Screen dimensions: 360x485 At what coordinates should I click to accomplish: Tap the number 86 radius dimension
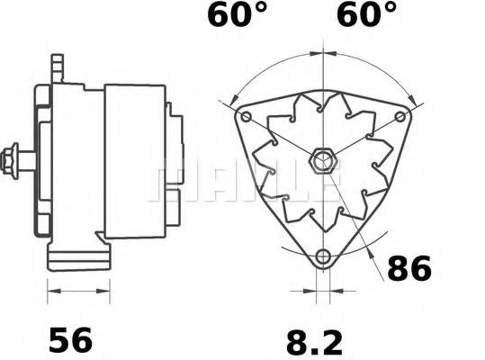click(x=409, y=268)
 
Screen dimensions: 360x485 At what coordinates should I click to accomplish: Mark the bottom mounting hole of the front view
click(x=323, y=256)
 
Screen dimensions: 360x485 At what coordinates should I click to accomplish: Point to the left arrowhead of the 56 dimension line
click(x=49, y=291)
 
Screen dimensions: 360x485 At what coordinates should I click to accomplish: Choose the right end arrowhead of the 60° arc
click(x=413, y=96)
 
